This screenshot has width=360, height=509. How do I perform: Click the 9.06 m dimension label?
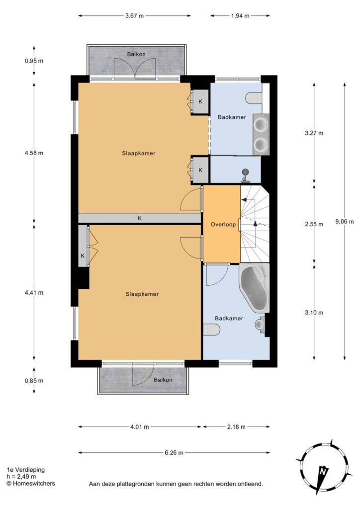click(345, 222)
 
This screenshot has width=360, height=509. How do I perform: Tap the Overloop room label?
click(223, 224)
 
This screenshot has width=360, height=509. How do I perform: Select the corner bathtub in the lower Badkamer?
click(255, 287)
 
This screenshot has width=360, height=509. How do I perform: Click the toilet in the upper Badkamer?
click(254, 98)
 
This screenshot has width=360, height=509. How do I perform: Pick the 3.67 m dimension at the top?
click(134, 15)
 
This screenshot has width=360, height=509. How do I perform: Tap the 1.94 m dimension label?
click(240, 15)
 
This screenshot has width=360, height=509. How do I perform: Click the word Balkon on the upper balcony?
click(136, 54)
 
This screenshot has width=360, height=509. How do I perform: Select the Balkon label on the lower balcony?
click(163, 380)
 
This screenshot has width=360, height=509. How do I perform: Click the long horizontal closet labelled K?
click(140, 218)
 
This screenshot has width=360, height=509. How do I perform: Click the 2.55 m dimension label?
click(314, 224)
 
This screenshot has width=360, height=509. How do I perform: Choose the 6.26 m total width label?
click(174, 452)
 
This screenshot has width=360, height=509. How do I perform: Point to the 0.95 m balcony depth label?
click(34, 61)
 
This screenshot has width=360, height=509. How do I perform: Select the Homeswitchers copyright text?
click(31, 483)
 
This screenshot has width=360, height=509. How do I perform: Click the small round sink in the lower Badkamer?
click(260, 324)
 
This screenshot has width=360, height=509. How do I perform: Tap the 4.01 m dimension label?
click(140, 427)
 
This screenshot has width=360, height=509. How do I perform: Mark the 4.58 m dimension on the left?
click(34, 153)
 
